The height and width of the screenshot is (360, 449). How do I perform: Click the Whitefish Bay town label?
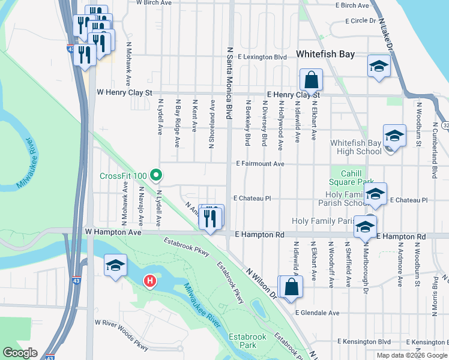point(325,54)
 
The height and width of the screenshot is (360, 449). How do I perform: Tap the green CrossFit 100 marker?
point(156,175)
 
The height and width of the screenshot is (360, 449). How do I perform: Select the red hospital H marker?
point(150,280)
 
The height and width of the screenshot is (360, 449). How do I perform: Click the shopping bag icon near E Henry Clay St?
point(312,79)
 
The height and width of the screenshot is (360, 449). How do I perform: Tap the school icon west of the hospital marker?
point(114,266)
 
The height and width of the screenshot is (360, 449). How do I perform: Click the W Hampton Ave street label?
point(113,231)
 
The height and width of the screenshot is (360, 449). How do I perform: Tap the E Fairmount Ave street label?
point(260,163)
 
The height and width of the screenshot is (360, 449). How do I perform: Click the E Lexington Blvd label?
point(262,57)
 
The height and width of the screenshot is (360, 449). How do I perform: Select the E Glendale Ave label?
point(317,313)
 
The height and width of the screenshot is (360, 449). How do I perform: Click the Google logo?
point(20,353)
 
